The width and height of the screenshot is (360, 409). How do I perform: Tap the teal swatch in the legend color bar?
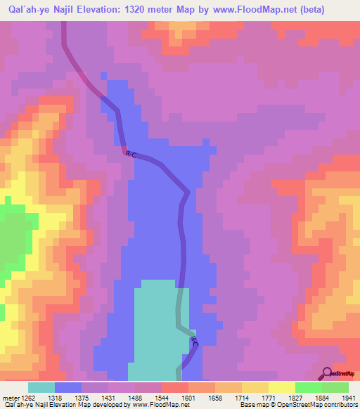41,387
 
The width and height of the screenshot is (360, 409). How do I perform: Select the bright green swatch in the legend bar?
308,387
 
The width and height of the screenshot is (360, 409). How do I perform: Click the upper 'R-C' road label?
131,155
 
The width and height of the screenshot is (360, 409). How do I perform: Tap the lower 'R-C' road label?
194,342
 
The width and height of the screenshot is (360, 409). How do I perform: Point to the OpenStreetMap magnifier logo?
327,373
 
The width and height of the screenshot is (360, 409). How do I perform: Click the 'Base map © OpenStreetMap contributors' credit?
297,404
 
